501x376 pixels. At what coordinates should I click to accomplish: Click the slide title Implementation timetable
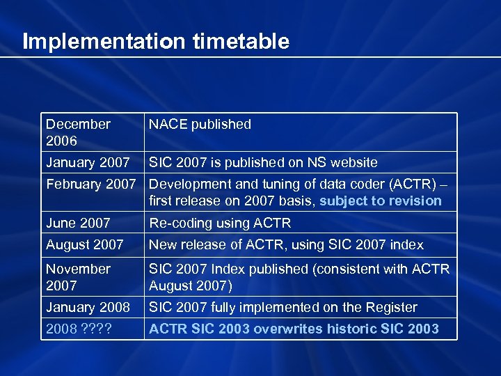click(x=156, y=42)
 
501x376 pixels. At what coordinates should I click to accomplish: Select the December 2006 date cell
click(x=78, y=132)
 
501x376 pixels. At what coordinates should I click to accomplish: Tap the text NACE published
click(x=200, y=125)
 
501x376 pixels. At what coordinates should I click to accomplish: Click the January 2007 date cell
click(x=88, y=163)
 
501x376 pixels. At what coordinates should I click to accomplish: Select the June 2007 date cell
click(x=78, y=224)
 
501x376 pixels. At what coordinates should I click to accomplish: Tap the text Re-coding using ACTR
click(x=220, y=224)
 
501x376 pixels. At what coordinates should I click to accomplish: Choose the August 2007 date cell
click(x=84, y=245)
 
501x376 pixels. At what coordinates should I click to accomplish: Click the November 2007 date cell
click(x=78, y=277)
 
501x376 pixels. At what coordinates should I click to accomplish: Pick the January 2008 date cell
click(x=88, y=308)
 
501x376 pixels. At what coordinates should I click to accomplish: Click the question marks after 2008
click(x=100, y=329)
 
